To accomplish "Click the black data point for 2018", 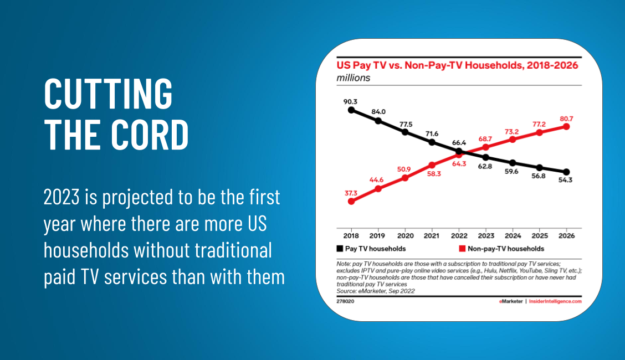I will (x=351, y=110).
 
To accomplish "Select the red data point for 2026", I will (x=566, y=126).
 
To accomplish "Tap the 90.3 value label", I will (x=349, y=101).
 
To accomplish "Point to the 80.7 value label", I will (x=566, y=118).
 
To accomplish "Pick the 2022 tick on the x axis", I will (x=458, y=235).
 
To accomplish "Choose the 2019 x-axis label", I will (x=377, y=235).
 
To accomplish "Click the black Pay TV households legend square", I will (x=340, y=249).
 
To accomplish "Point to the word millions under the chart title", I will (x=353, y=78).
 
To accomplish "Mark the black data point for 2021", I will (x=432, y=142).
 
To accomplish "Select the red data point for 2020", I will (x=404, y=178).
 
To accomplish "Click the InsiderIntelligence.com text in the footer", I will (x=555, y=301).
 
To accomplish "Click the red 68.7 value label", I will (x=485, y=138).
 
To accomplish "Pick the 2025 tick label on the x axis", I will (x=540, y=235).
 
